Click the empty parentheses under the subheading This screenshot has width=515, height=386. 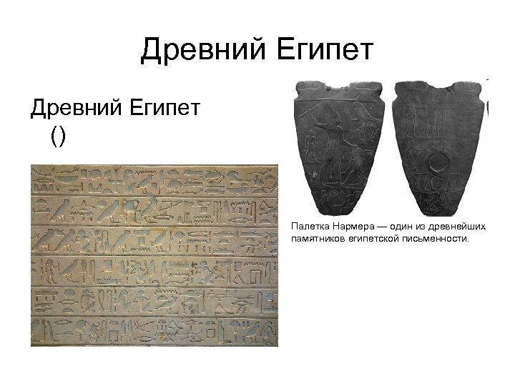[x=57, y=136]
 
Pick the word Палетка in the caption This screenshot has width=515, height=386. [x=308, y=227]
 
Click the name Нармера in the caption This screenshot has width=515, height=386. [x=350, y=227]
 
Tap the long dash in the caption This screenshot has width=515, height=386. [x=379, y=227]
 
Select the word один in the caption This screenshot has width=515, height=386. [x=398, y=227]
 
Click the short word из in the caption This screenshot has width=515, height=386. [x=420, y=227]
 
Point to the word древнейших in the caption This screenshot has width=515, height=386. [x=456, y=227]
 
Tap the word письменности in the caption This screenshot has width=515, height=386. [x=438, y=239]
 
